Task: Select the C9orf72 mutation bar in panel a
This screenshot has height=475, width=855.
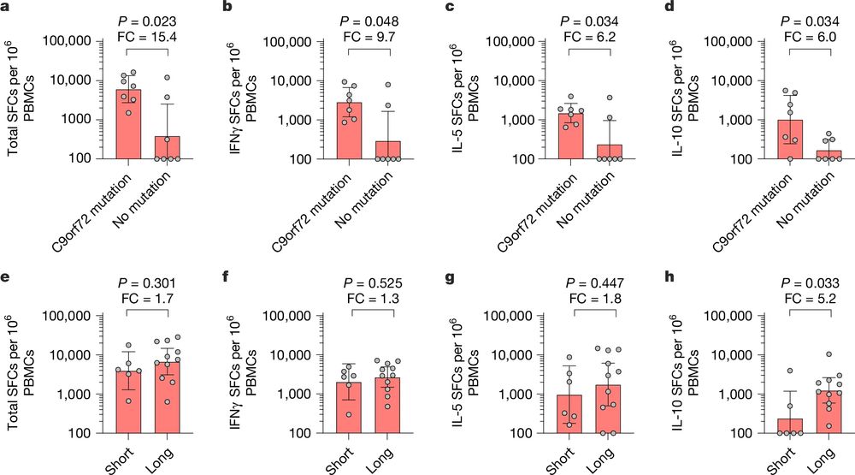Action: (130, 124)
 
